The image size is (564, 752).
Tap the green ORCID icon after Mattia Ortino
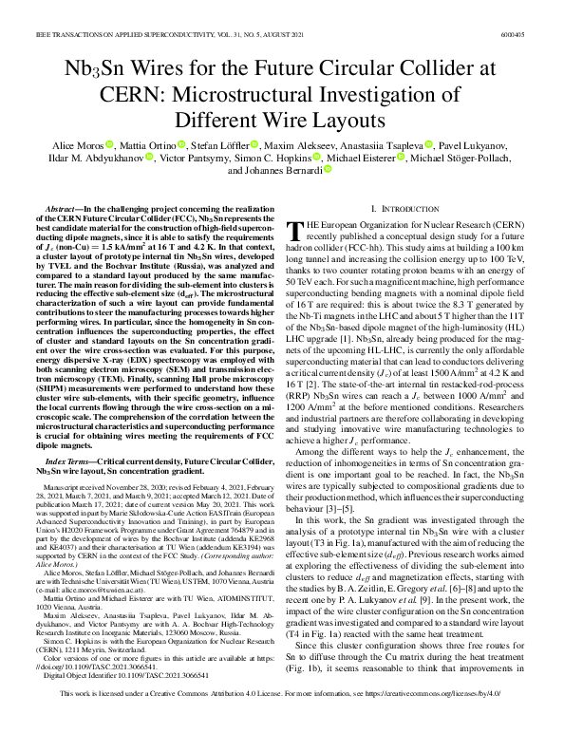[181, 145]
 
